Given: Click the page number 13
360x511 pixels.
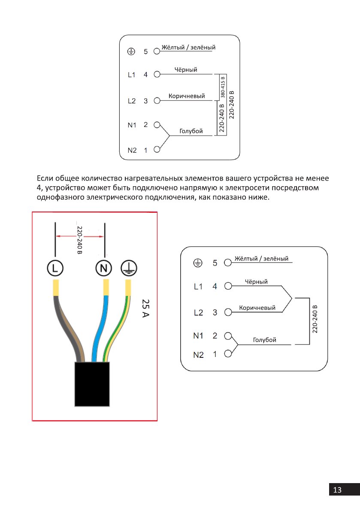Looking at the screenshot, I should [x=337, y=490].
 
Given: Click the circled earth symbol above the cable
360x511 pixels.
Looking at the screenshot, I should [x=128, y=268].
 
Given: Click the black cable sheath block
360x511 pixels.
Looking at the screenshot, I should [x=92, y=384].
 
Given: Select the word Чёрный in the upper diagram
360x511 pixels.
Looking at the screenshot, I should [x=186, y=70].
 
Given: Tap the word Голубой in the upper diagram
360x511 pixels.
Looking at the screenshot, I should [x=191, y=131].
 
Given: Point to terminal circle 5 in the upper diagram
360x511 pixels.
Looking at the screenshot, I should [x=157, y=51].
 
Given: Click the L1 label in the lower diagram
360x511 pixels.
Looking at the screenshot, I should [x=198, y=287].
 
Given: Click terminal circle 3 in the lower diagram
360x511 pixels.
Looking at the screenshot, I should [x=228, y=312].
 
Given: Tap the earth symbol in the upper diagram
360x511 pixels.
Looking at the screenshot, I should [x=131, y=51].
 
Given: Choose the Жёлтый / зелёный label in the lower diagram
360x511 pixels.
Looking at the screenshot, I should [x=261, y=259].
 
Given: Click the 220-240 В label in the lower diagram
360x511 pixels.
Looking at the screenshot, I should [x=315, y=319].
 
